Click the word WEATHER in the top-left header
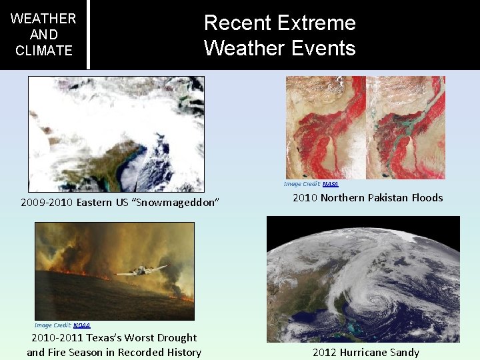(x=44, y=19)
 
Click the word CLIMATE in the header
(x=44, y=51)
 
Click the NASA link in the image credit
(x=330, y=184)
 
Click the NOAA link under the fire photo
(x=81, y=325)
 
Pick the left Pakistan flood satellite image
(x=325, y=118)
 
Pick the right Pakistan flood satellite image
(x=406, y=118)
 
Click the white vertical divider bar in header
(x=88, y=34)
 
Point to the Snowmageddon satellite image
(x=116, y=133)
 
